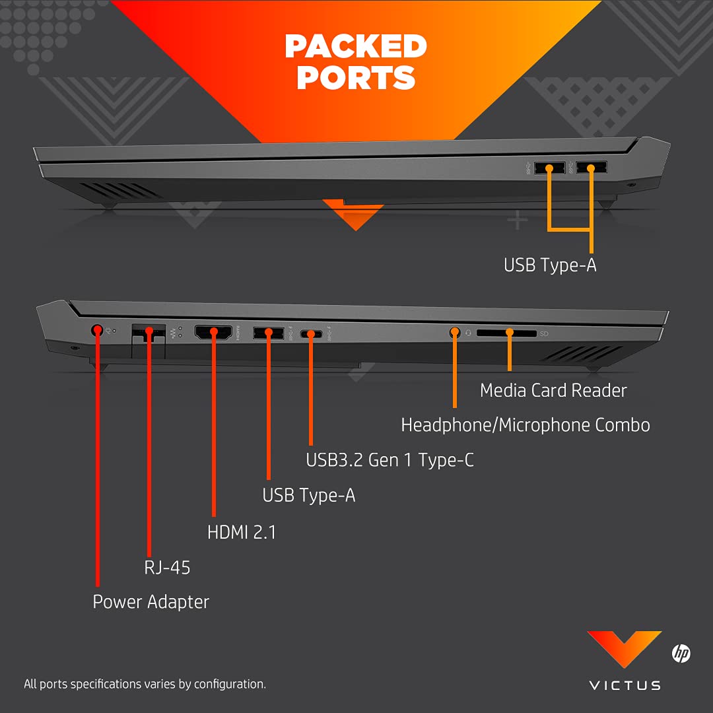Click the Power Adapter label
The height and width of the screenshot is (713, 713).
pos(151,601)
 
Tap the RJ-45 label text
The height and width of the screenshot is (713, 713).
pos(167,567)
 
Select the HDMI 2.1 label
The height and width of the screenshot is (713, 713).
pos(242,531)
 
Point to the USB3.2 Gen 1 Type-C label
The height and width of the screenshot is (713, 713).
pos(390,459)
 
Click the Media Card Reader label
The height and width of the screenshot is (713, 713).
pos(553,390)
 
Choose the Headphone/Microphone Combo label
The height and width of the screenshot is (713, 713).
pos(526,424)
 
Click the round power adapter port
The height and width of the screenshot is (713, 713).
pos(98,329)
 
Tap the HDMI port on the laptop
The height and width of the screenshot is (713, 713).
pos(213,333)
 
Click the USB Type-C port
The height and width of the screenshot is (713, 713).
pos(310,334)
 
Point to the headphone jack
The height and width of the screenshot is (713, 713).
pos(454,333)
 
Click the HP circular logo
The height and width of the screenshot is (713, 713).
pos(681,654)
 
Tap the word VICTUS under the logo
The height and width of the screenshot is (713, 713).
pos(624,685)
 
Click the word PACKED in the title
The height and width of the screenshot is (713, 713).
pos(356,46)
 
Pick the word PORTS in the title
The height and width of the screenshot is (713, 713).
pos(356,78)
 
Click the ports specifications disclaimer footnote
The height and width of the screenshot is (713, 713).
pos(145,684)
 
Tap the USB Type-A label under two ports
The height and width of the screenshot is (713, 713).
pos(550,265)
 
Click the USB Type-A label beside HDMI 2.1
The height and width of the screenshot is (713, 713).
pos(308,495)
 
